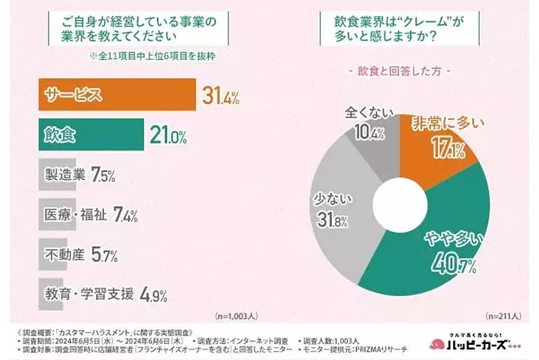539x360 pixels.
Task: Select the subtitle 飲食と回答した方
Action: tap(399, 71)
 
